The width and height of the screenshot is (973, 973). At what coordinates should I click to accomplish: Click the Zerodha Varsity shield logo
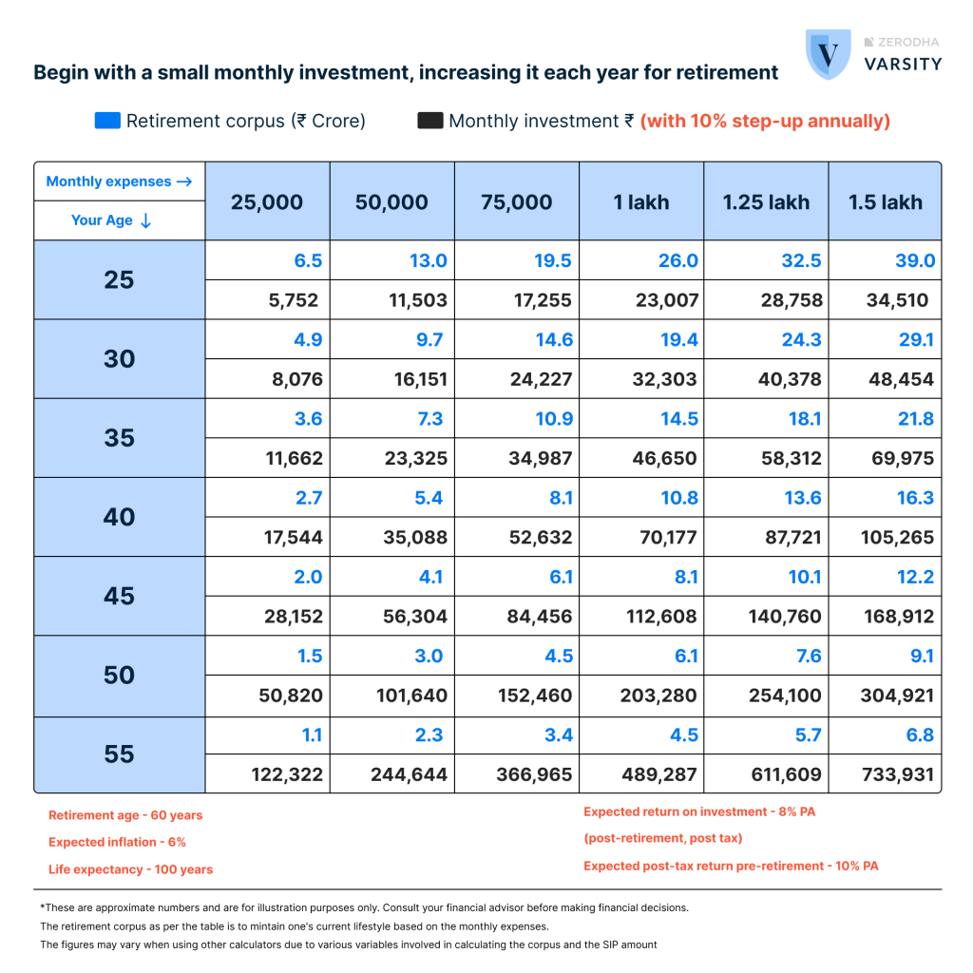[x=828, y=54]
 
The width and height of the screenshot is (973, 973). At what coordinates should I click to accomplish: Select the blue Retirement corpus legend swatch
[x=107, y=121]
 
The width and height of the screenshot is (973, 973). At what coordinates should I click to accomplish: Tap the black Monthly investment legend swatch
[x=429, y=121]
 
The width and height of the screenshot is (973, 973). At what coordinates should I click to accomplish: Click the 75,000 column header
[x=517, y=201]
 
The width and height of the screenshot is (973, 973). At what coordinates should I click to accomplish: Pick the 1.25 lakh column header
[x=766, y=201]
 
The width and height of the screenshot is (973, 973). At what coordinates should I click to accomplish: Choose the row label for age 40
[x=120, y=517]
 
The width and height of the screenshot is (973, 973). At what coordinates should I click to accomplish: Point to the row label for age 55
[x=120, y=754]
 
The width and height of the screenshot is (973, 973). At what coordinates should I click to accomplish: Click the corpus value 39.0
[x=915, y=261]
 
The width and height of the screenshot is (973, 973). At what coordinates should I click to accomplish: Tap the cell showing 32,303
[x=665, y=380]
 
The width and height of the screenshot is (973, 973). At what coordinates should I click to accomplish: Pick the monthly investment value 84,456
[x=535, y=617]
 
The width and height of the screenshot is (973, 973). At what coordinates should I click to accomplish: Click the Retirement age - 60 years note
[x=125, y=815]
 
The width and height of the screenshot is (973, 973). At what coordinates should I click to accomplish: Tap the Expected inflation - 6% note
[x=117, y=842]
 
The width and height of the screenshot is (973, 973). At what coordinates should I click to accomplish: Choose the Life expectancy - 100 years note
[x=130, y=869]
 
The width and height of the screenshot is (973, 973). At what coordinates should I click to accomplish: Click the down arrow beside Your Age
[x=145, y=220]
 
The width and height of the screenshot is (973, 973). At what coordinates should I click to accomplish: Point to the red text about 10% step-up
[x=765, y=121]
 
